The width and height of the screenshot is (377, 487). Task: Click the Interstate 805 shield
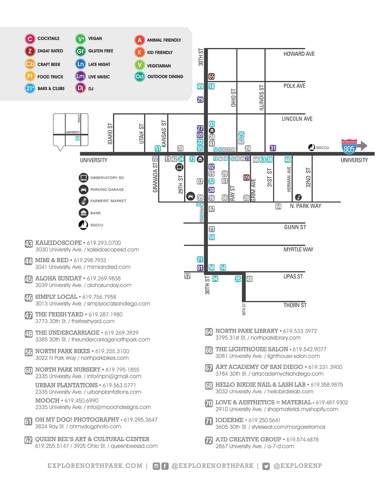[349, 146]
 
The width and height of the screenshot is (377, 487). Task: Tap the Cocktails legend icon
[30, 39]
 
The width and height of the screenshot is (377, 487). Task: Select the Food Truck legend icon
[30, 76]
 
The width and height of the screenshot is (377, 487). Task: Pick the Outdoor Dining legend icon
[140, 77]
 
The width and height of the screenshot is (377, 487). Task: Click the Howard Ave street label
[299, 54]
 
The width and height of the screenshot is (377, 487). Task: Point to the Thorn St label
[295, 305]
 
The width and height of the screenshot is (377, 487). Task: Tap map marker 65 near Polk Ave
[211, 77]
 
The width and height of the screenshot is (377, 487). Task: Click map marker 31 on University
[273, 148]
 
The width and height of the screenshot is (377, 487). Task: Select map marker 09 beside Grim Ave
[246, 178]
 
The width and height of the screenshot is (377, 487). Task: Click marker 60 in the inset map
[77, 138]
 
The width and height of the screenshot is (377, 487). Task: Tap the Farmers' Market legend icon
[84, 201]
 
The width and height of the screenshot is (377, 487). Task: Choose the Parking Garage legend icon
[84, 189]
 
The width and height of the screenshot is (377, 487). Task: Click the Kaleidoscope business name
[59, 243]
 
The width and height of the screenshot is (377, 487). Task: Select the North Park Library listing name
[247, 331]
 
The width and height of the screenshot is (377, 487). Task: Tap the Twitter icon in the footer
[266, 466]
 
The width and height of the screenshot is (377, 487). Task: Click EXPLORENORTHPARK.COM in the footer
[95, 466]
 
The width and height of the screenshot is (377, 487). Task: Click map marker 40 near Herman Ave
[288, 160]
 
